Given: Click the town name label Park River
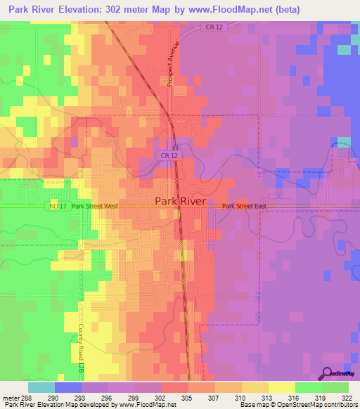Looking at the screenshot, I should pos(180,201).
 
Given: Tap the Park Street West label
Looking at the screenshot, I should pos(94,207).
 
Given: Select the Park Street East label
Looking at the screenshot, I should pos(245,207).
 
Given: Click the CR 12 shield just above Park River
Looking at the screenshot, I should pos(167,155).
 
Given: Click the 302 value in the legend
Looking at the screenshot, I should pos(161,397).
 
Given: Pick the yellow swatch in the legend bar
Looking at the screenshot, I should pos(282,387).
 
